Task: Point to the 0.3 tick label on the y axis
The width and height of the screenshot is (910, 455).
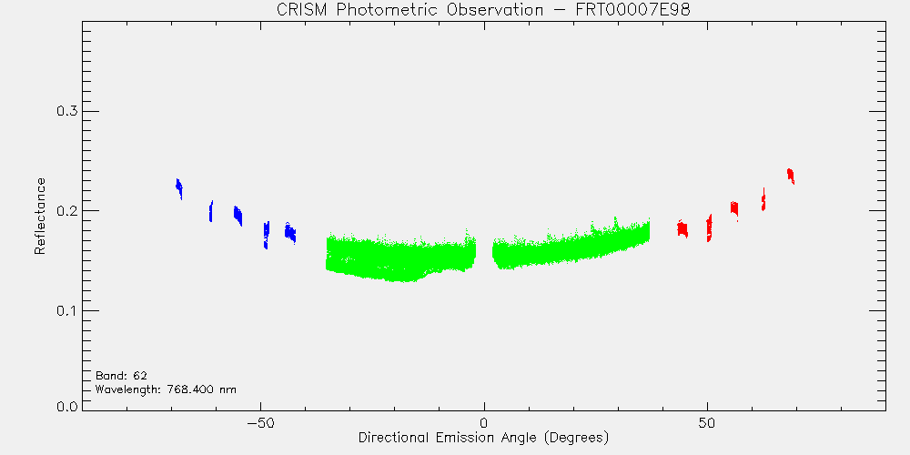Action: point(66,111)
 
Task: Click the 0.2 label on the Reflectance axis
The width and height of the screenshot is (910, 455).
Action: point(66,211)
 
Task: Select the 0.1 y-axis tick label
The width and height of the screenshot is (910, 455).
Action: point(66,310)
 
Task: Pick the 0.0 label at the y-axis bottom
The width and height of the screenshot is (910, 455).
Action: point(66,406)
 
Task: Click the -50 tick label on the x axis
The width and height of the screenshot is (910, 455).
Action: point(260,422)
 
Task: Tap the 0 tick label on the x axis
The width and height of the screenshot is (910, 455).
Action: point(484,422)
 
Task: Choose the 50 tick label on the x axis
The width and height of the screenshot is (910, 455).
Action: point(707,422)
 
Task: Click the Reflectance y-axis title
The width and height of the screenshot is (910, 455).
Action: point(39,216)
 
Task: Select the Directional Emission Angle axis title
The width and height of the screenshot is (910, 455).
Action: point(484,437)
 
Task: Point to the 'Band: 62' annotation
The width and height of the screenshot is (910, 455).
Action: point(117,376)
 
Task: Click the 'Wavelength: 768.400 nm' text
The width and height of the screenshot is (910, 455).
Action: point(166,389)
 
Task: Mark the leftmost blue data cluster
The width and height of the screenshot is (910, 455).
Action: point(179,187)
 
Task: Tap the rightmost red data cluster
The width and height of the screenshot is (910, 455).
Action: point(791,176)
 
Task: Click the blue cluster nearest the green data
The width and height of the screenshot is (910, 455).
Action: point(290,233)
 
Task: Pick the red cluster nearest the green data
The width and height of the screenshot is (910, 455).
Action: point(682,228)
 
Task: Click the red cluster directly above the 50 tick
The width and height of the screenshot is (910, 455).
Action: point(709,228)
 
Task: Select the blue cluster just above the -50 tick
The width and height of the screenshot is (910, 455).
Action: point(267,235)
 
